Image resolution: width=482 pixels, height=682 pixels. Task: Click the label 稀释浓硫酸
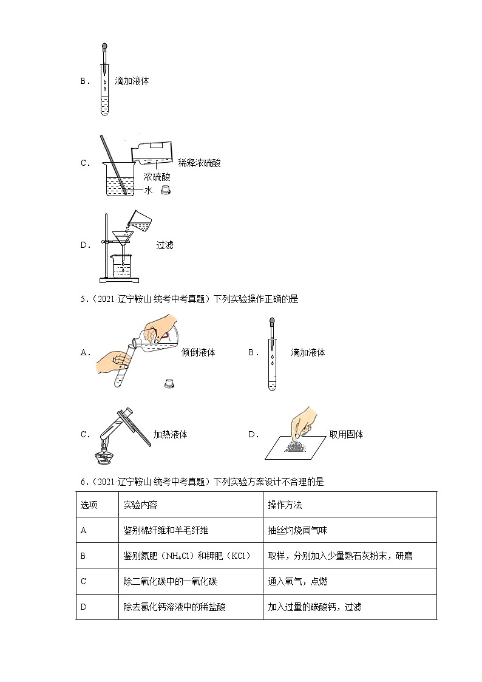coord(200,163)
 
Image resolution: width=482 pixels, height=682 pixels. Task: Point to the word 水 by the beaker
coord(148,190)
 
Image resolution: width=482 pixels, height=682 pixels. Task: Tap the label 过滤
coord(165,245)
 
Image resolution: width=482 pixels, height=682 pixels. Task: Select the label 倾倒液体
coord(198,352)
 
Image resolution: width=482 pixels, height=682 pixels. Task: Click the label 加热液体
coord(170,434)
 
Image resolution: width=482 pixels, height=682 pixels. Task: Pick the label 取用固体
coord(346,434)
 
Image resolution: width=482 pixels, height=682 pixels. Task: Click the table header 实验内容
coord(140,505)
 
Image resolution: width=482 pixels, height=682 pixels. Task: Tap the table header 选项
coord(89,505)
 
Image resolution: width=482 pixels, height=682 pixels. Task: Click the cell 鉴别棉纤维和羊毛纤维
coord(166,530)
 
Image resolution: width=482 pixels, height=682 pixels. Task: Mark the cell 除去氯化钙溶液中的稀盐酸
coord(174,607)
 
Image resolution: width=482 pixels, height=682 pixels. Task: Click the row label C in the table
coord(84,581)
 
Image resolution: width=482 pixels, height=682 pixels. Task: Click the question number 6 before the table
coord(83,482)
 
